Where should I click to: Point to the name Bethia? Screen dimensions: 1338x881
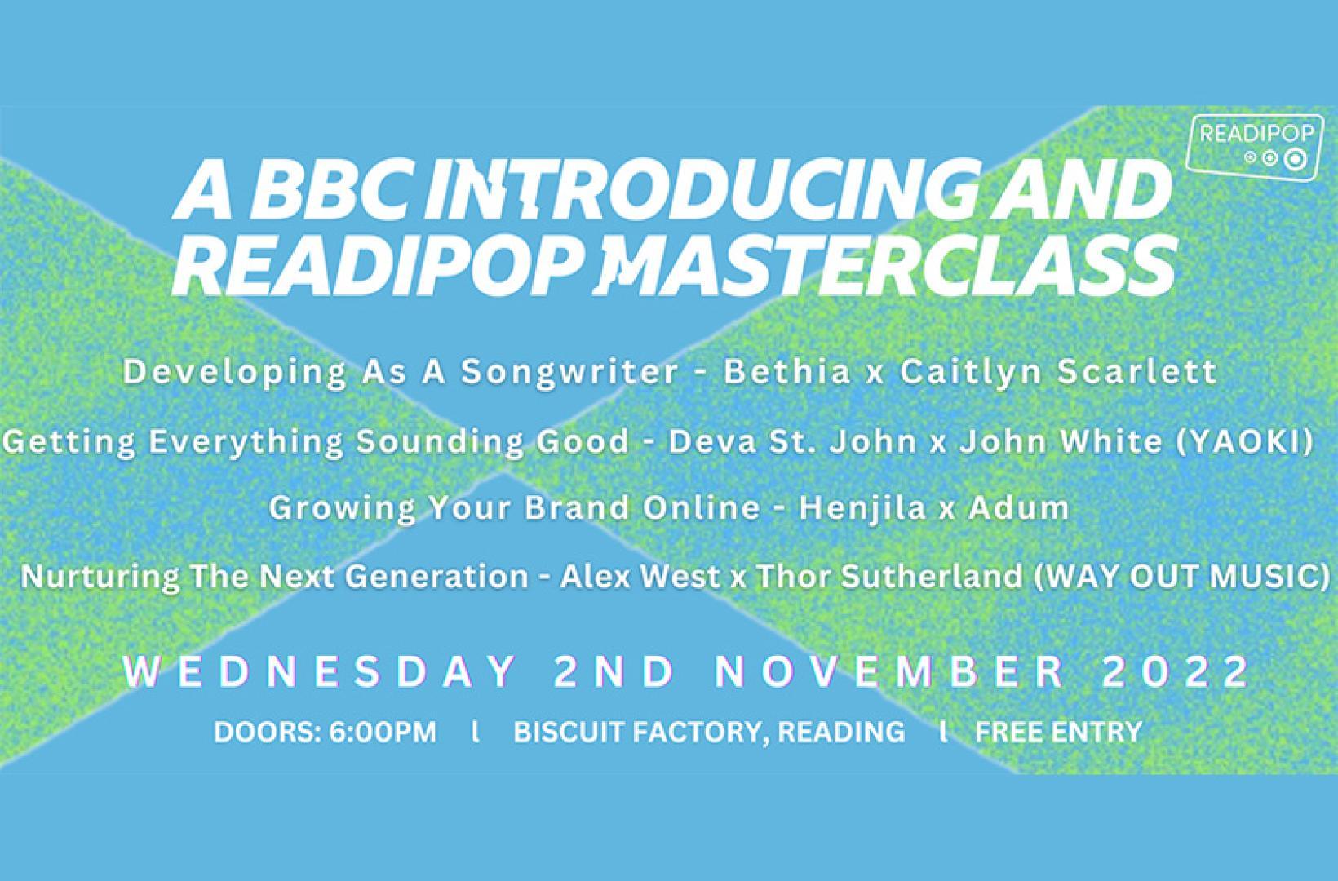pyautogui.click(x=787, y=371)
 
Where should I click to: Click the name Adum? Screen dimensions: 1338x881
pyautogui.click(x=1018, y=507)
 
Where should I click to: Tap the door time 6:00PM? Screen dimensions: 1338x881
pyautogui.click(x=383, y=732)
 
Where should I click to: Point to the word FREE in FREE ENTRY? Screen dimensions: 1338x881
pyautogui.click(x=1008, y=732)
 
